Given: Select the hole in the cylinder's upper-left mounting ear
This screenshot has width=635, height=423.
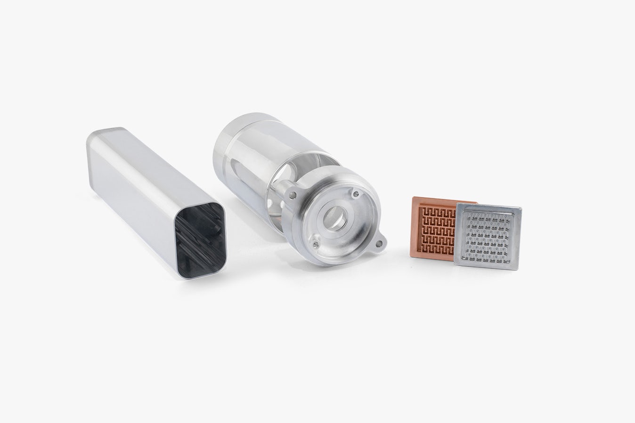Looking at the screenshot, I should (293, 193).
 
